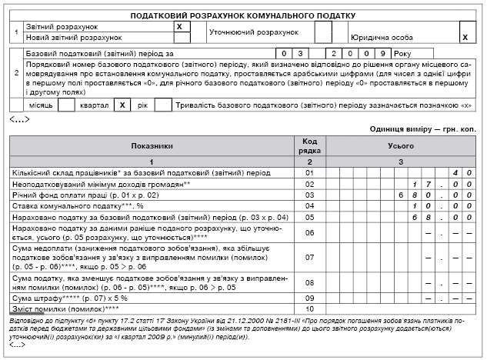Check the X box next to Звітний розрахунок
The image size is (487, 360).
[178, 26]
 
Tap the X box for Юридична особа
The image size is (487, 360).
[464, 36]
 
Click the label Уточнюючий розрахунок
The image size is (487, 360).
[255, 32]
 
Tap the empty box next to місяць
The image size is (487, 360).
[66, 105]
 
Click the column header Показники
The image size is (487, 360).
[152, 145]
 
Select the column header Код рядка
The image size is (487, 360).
[310, 145]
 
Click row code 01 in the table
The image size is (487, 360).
[310, 173]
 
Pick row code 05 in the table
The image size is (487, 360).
[310, 217]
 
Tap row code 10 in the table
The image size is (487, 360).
[310, 308]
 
